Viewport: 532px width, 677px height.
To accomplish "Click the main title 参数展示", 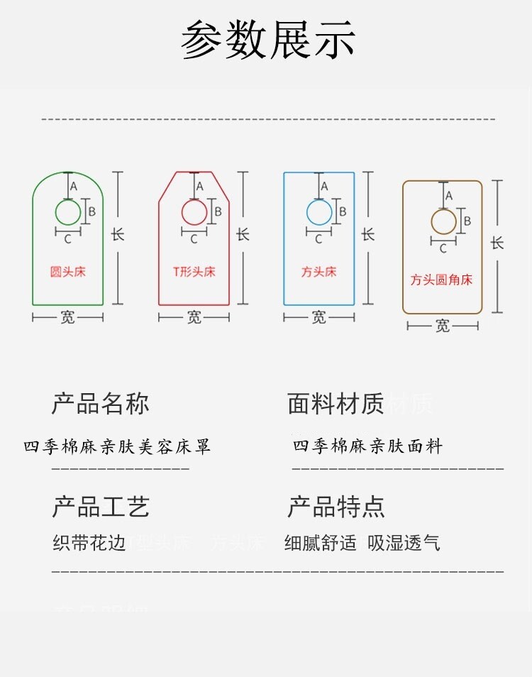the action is tap(268, 40).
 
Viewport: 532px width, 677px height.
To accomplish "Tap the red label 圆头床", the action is tap(67, 272).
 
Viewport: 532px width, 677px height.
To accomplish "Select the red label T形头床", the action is tap(194, 272).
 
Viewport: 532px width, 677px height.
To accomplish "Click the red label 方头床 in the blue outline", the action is tap(318, 272).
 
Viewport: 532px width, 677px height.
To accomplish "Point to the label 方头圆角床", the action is tap(441, 280).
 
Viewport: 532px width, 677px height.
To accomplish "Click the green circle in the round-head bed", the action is tap(68, 212).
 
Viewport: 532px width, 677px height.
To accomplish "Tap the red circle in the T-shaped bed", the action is tap(194, 212).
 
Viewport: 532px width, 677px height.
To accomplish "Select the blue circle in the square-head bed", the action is tap(319, 212).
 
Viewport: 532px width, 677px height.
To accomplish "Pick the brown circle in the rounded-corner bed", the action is tap(444, 222).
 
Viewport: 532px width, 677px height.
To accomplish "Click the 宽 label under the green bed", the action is tap(67, 317).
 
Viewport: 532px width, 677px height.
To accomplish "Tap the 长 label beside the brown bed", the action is tap(497, 243).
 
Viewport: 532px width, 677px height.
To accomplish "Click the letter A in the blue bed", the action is tap(325, 187).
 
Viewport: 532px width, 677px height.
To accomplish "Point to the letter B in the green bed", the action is tap(92, 211).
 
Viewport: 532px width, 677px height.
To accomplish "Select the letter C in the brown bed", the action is tap(443, 248).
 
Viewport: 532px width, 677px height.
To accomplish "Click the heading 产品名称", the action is tap(100, 403).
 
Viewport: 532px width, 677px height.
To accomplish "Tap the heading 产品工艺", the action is tap(100, 507).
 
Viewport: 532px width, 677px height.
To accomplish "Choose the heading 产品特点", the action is tap(336, 507).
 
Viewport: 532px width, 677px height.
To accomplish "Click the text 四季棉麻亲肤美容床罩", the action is tap(117, 447).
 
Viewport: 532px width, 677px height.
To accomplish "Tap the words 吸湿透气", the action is tap(404, 544).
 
